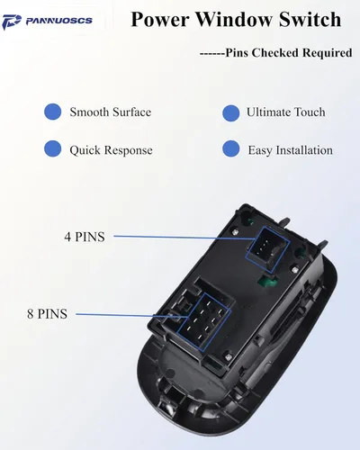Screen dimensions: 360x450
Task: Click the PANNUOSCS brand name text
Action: coord(59,21)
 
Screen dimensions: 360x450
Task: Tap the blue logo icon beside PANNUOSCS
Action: coord(12,22)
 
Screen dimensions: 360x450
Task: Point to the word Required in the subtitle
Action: coord(327,53)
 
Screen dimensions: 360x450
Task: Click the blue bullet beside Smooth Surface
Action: coord(53,112)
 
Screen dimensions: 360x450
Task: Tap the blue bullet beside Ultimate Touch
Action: coord(231,113)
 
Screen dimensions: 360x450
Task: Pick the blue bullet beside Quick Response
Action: coord(53,148)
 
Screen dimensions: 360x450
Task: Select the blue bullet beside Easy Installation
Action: coord(231,148)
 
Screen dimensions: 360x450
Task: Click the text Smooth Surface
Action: coord(111,112)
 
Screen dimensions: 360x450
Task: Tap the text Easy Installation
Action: coord(291,150)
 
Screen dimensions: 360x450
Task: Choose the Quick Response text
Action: coord(111,150)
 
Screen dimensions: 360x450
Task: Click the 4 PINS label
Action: coord(85,237)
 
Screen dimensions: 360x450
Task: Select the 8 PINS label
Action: coord(47,314)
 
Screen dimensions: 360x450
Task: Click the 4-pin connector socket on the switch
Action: coord(267,249)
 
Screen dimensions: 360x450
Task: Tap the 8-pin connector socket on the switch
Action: coord(204,322)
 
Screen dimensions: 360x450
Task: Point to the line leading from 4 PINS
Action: coord(184,238)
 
